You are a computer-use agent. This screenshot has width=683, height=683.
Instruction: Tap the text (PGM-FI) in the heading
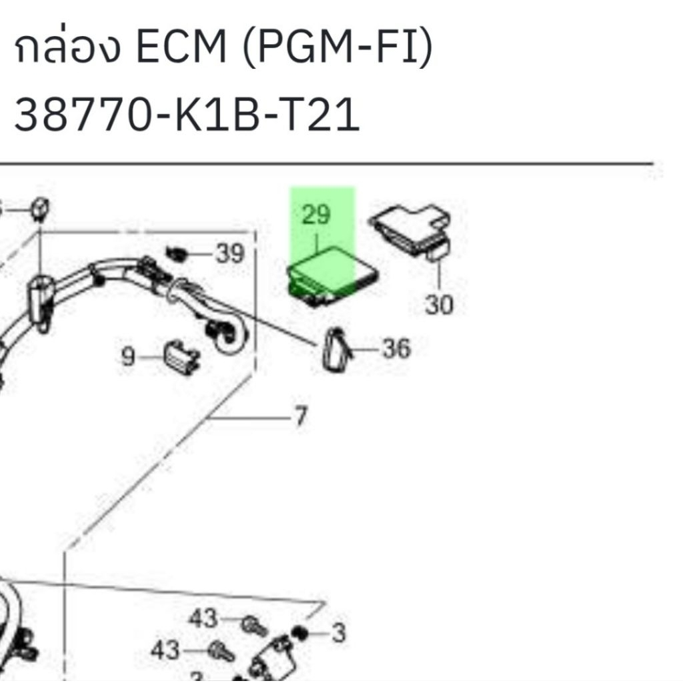coord(337,51)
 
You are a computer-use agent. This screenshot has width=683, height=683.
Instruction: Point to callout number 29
coord(315,215)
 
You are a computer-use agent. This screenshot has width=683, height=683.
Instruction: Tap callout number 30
coord(439,305)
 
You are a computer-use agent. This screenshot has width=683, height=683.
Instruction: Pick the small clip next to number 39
coord(176,253)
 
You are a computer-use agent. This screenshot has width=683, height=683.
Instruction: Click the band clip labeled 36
coord(335,349)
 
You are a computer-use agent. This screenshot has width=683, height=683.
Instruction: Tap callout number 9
coord(127,358)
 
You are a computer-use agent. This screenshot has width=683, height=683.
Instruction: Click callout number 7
coord(300,417)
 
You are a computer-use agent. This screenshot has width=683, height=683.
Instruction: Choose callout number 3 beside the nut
coord(339,632)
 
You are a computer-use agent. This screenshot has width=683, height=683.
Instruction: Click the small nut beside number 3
coord(299,632)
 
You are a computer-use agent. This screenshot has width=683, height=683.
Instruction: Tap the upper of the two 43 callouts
coord(203,619)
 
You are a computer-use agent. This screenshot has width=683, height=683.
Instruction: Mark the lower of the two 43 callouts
coord(165,650)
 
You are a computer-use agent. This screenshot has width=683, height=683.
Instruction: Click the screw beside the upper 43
coord(253,625)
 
